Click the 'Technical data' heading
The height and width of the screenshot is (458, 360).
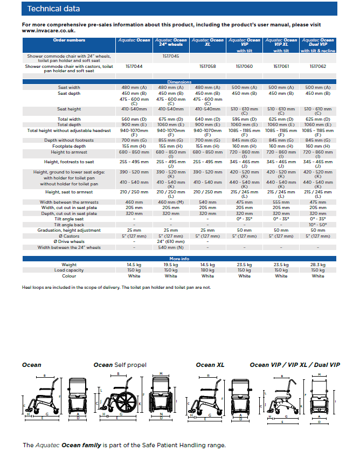click(53, 9)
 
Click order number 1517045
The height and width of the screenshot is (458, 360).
click(171, 55)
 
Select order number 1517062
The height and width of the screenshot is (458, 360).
click(318, 66)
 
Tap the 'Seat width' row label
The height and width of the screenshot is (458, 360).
click(69, 87)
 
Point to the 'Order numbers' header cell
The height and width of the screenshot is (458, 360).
click(69, 40)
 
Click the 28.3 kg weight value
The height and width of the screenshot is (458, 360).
click(318, 265)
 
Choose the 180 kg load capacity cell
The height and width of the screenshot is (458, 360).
click(207, 270)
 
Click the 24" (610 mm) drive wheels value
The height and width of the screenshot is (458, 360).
click(171, 242)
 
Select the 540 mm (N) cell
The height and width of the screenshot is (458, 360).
click(171, 248)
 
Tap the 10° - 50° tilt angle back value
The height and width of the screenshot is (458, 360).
click(318, 225)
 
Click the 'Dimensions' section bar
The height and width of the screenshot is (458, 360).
click(179, 82)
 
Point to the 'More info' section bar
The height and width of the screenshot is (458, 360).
click(179, 259)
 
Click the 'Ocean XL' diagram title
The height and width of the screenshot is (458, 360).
click(210, 365)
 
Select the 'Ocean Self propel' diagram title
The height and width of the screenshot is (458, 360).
click(120, 365)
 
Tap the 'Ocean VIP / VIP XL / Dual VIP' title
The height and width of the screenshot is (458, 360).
click(295, 365)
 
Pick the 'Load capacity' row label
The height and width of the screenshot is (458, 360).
click(69, 270)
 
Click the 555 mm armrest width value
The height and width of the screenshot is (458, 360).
click(281, 202)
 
